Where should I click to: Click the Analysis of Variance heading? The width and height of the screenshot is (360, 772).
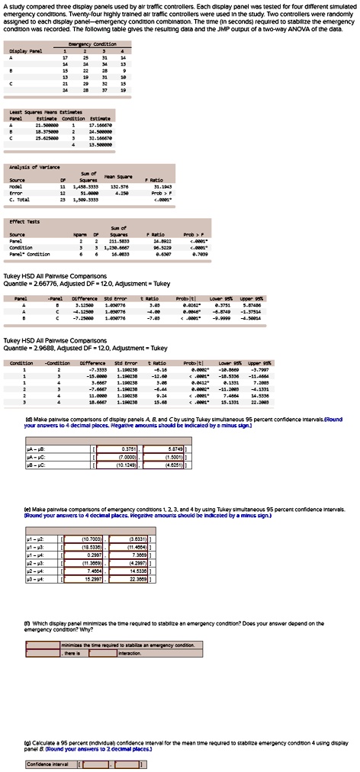[27, 164]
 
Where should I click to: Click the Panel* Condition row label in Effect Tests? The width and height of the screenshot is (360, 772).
[29, 253]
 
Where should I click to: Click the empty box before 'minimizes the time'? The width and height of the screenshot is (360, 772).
[43, 645]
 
